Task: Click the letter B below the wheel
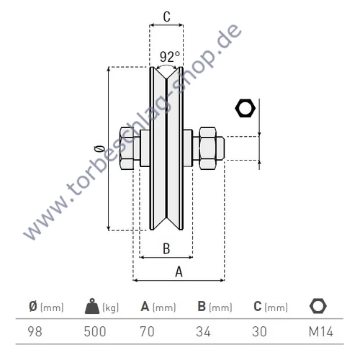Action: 166,249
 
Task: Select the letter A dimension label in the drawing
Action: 179,271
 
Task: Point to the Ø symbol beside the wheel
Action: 99,149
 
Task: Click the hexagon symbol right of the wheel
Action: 246,109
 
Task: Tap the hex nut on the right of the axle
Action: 208,148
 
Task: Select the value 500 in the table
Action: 95,332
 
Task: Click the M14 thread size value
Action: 317,332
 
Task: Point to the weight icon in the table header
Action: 94,307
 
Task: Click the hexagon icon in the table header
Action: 317,307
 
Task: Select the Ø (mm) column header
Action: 46,307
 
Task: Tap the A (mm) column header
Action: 158,307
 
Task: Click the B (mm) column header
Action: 214,307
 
